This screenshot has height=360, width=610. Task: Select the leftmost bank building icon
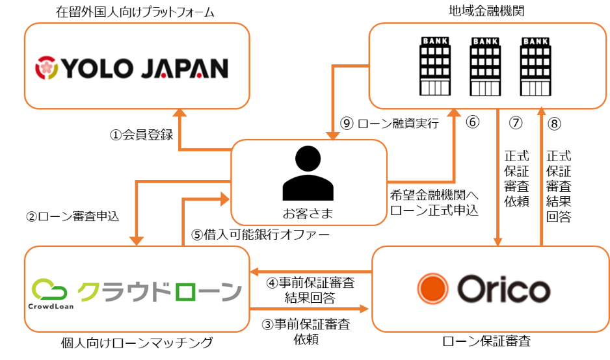coord(435,66)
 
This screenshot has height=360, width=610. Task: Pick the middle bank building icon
coord(485,66)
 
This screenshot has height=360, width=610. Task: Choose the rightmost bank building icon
coord(535,66)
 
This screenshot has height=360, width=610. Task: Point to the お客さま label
coord(308,212)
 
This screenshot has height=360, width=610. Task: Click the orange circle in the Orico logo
coord(432,289)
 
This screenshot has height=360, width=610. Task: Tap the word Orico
coord(503,289)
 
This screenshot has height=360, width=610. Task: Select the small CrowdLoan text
coord(50,306)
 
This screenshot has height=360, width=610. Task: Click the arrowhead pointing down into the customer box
coord(333,135)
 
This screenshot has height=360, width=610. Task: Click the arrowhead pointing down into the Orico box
coord(498,241)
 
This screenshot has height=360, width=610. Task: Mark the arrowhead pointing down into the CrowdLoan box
coord(136,241)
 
